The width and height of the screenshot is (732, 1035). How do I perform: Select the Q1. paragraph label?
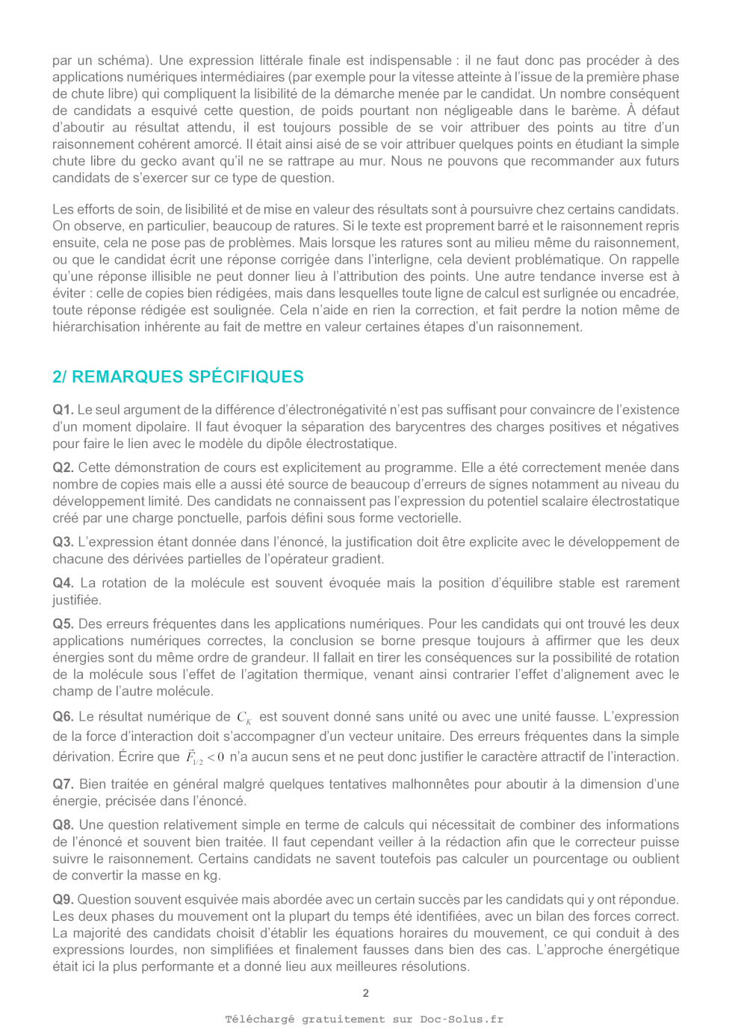63,410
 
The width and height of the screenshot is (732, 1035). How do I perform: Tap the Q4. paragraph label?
63,583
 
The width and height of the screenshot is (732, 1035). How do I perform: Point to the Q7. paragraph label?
63,784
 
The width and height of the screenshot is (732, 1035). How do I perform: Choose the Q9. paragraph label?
63,900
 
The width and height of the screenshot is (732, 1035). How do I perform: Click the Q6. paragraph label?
63,717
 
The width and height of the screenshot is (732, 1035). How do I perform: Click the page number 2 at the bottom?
365,993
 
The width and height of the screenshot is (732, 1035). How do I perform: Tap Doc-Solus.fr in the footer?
461,1019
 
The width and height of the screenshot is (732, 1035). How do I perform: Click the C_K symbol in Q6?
244,718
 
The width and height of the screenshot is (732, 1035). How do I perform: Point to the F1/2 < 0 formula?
205,757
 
